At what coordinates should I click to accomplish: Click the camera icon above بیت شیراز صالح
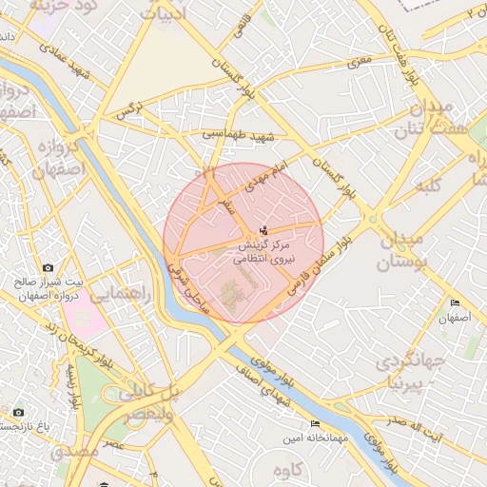(x=49, y=269)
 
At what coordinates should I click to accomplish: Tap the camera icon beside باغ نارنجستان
(x=18, y=412)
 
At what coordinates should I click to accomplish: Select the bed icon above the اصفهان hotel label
(x=455, y=303)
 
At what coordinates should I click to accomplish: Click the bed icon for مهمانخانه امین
(x=316, y=423)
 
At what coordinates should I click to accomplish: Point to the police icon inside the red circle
(x=263, y=229)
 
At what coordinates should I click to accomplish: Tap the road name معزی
(x=359, y=62)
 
